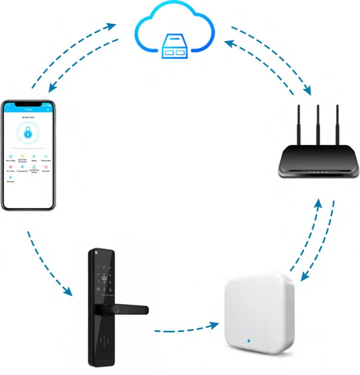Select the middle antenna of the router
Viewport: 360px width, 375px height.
[x=317, y=123]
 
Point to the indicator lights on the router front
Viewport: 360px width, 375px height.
[x=317, y=172]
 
